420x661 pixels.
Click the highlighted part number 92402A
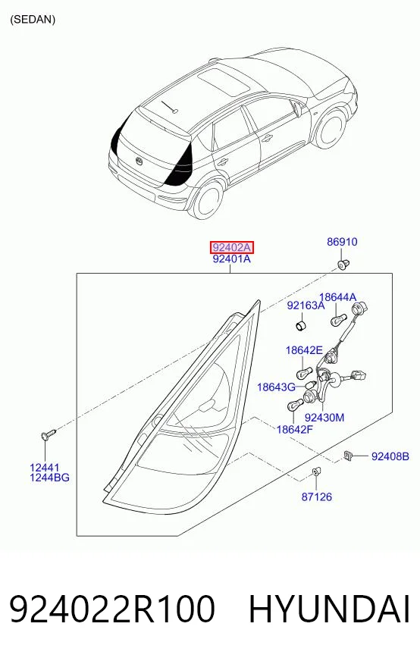pyautogui.click(x=232, y=247)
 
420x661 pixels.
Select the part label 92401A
pyautogui.click(x=231, y=258)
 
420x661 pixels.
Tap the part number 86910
pyautogui.click(x=342, y=242)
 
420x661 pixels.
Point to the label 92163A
pyautogui.click(x=306, y=305)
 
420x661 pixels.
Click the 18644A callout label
pyautogui.click(x=337, y=297)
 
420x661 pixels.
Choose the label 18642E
pyautogui.click(x=304, y=350)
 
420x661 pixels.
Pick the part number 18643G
pyautogui.click(x=276, y=387)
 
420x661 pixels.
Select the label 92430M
pyautogui.click(x=324, y=418)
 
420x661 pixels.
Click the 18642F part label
pyautogui.click(x=295, y=430)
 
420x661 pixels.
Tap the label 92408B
pyautogui.click(x=390, y=456)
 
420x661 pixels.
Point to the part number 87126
pyautogui.click(x=316, y=497)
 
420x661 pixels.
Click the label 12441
pyautogui.click(x=45, y=468)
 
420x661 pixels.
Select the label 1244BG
pyautogui.click(x=49, y=478)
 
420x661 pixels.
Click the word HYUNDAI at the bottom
pyautogui.click(x=329, y=609)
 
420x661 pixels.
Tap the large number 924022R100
pyautogui.click(x=112, y=609)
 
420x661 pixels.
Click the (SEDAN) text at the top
pyautogui.click(x=33, y=20)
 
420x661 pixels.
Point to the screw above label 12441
pyautogui.click(x=48, y=434)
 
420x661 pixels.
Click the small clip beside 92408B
pyautogui.click(x=348, y=456)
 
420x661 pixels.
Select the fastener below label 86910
pyautogui.click(x=342, y=265)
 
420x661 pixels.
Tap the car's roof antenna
pyautogui.click(x=169, y=106)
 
